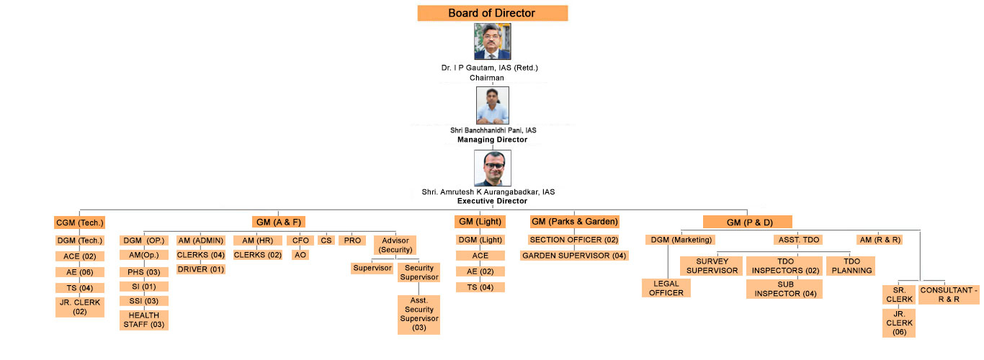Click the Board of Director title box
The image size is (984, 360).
[493, 13]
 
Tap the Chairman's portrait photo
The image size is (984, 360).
[493, 41]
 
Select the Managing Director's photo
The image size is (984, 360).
[493, 105]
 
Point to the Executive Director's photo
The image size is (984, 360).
[493, 168]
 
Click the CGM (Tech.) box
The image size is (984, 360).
[79, 222]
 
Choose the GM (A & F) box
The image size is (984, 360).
[279, 222]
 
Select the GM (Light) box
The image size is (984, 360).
[480, 222]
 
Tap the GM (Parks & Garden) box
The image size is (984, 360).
[575, 222]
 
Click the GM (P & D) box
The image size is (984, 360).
[748, 222]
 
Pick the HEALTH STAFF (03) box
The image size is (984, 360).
[143, 320]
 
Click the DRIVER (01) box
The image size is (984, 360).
[201, 269]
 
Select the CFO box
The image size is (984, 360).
[300, 240]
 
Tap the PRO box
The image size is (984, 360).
[352, 240]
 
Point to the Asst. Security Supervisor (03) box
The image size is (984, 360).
[419, 315]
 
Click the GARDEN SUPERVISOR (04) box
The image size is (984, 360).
[574, 256]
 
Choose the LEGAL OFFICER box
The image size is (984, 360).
[666, 289]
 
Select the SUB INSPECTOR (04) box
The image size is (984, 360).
[784, 289]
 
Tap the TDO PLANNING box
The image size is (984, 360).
[851, 266]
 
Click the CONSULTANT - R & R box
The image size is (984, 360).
[949, 294]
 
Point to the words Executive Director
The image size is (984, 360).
[493, 201]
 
